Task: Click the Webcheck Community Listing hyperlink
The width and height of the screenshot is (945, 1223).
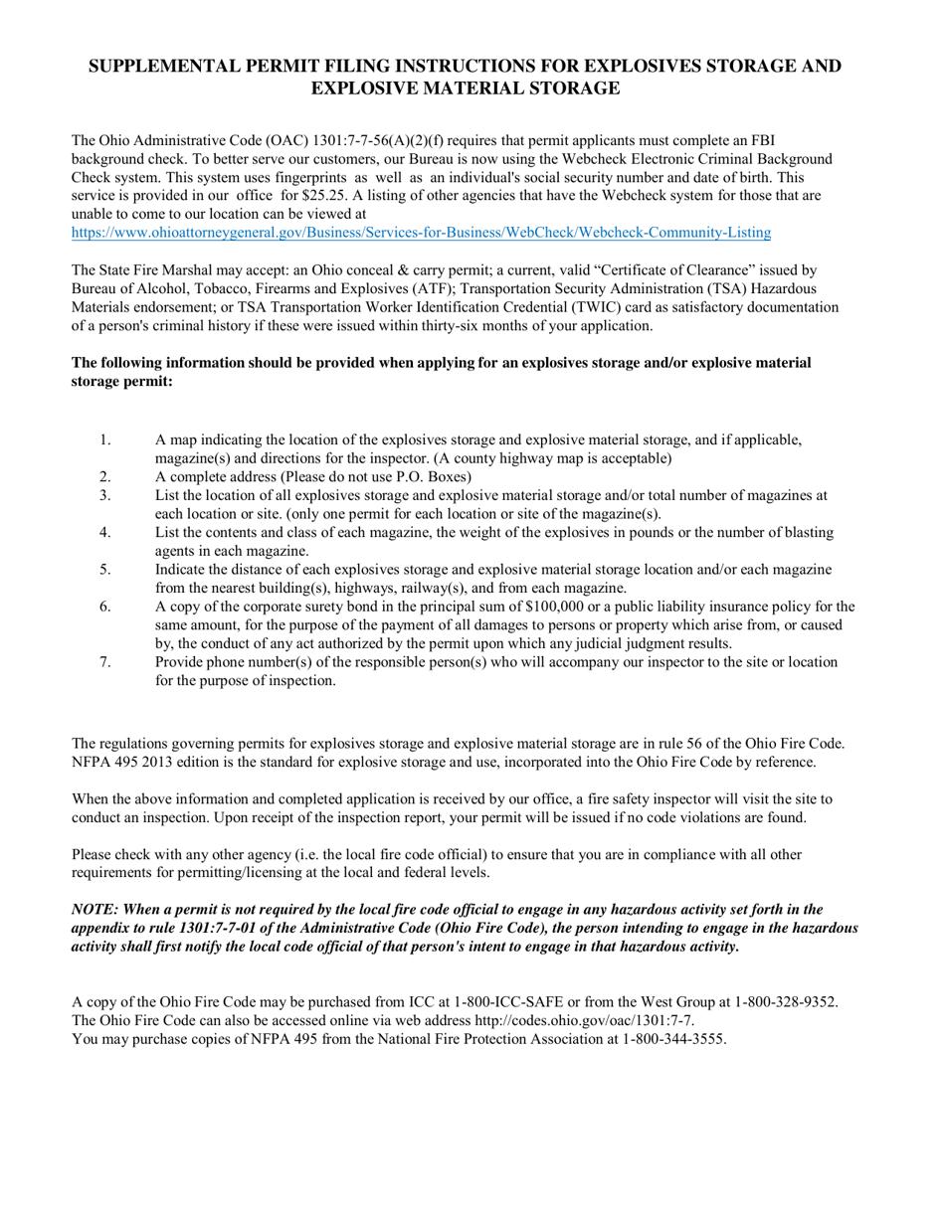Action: coord(421,233)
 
